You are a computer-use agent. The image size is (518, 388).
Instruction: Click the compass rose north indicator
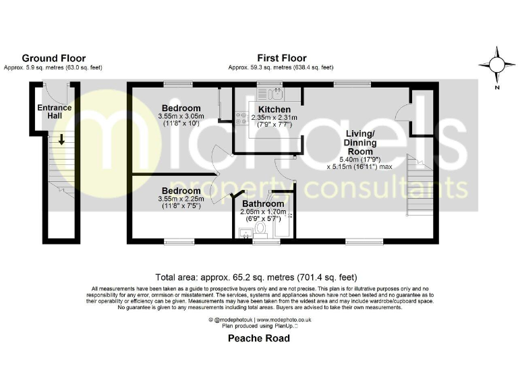(x=497, y=65)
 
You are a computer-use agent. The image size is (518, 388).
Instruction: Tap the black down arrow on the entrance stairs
(x=61, y=140)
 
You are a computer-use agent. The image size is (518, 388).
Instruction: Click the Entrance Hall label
(x=55, y=112)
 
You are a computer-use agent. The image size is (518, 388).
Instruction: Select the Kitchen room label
(x=275, y=110)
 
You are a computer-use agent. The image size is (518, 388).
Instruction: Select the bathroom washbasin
(x=244, y=232)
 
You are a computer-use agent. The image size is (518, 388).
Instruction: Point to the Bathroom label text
(x=262, y=203)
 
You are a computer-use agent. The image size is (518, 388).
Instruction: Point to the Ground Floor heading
(x=54, y=59)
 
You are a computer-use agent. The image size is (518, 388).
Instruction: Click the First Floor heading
(x=281, y=59)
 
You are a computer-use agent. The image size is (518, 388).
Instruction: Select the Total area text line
(x=256, y=277)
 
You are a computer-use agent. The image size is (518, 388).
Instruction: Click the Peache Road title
(x=258, y=338)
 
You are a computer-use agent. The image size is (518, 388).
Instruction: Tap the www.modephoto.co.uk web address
(x=281, y=320)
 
